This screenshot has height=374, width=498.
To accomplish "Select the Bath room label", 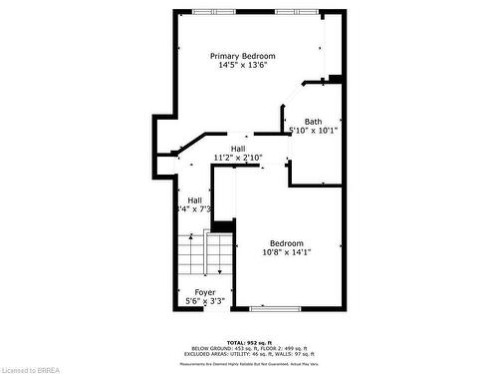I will [314, 122].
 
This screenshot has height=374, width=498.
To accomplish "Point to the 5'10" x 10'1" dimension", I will [314, 131].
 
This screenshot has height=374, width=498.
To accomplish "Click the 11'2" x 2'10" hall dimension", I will [238, 158].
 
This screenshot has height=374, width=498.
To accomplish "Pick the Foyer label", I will [205, 292].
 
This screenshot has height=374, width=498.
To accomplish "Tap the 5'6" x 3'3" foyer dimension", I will [205, 301].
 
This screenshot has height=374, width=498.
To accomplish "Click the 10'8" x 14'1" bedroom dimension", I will [287, 253].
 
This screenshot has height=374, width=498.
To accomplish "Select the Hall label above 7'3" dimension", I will [194, 199].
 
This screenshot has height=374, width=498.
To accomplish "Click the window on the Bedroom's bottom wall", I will [275, 308].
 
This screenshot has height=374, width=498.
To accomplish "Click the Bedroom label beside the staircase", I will [287, 243].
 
